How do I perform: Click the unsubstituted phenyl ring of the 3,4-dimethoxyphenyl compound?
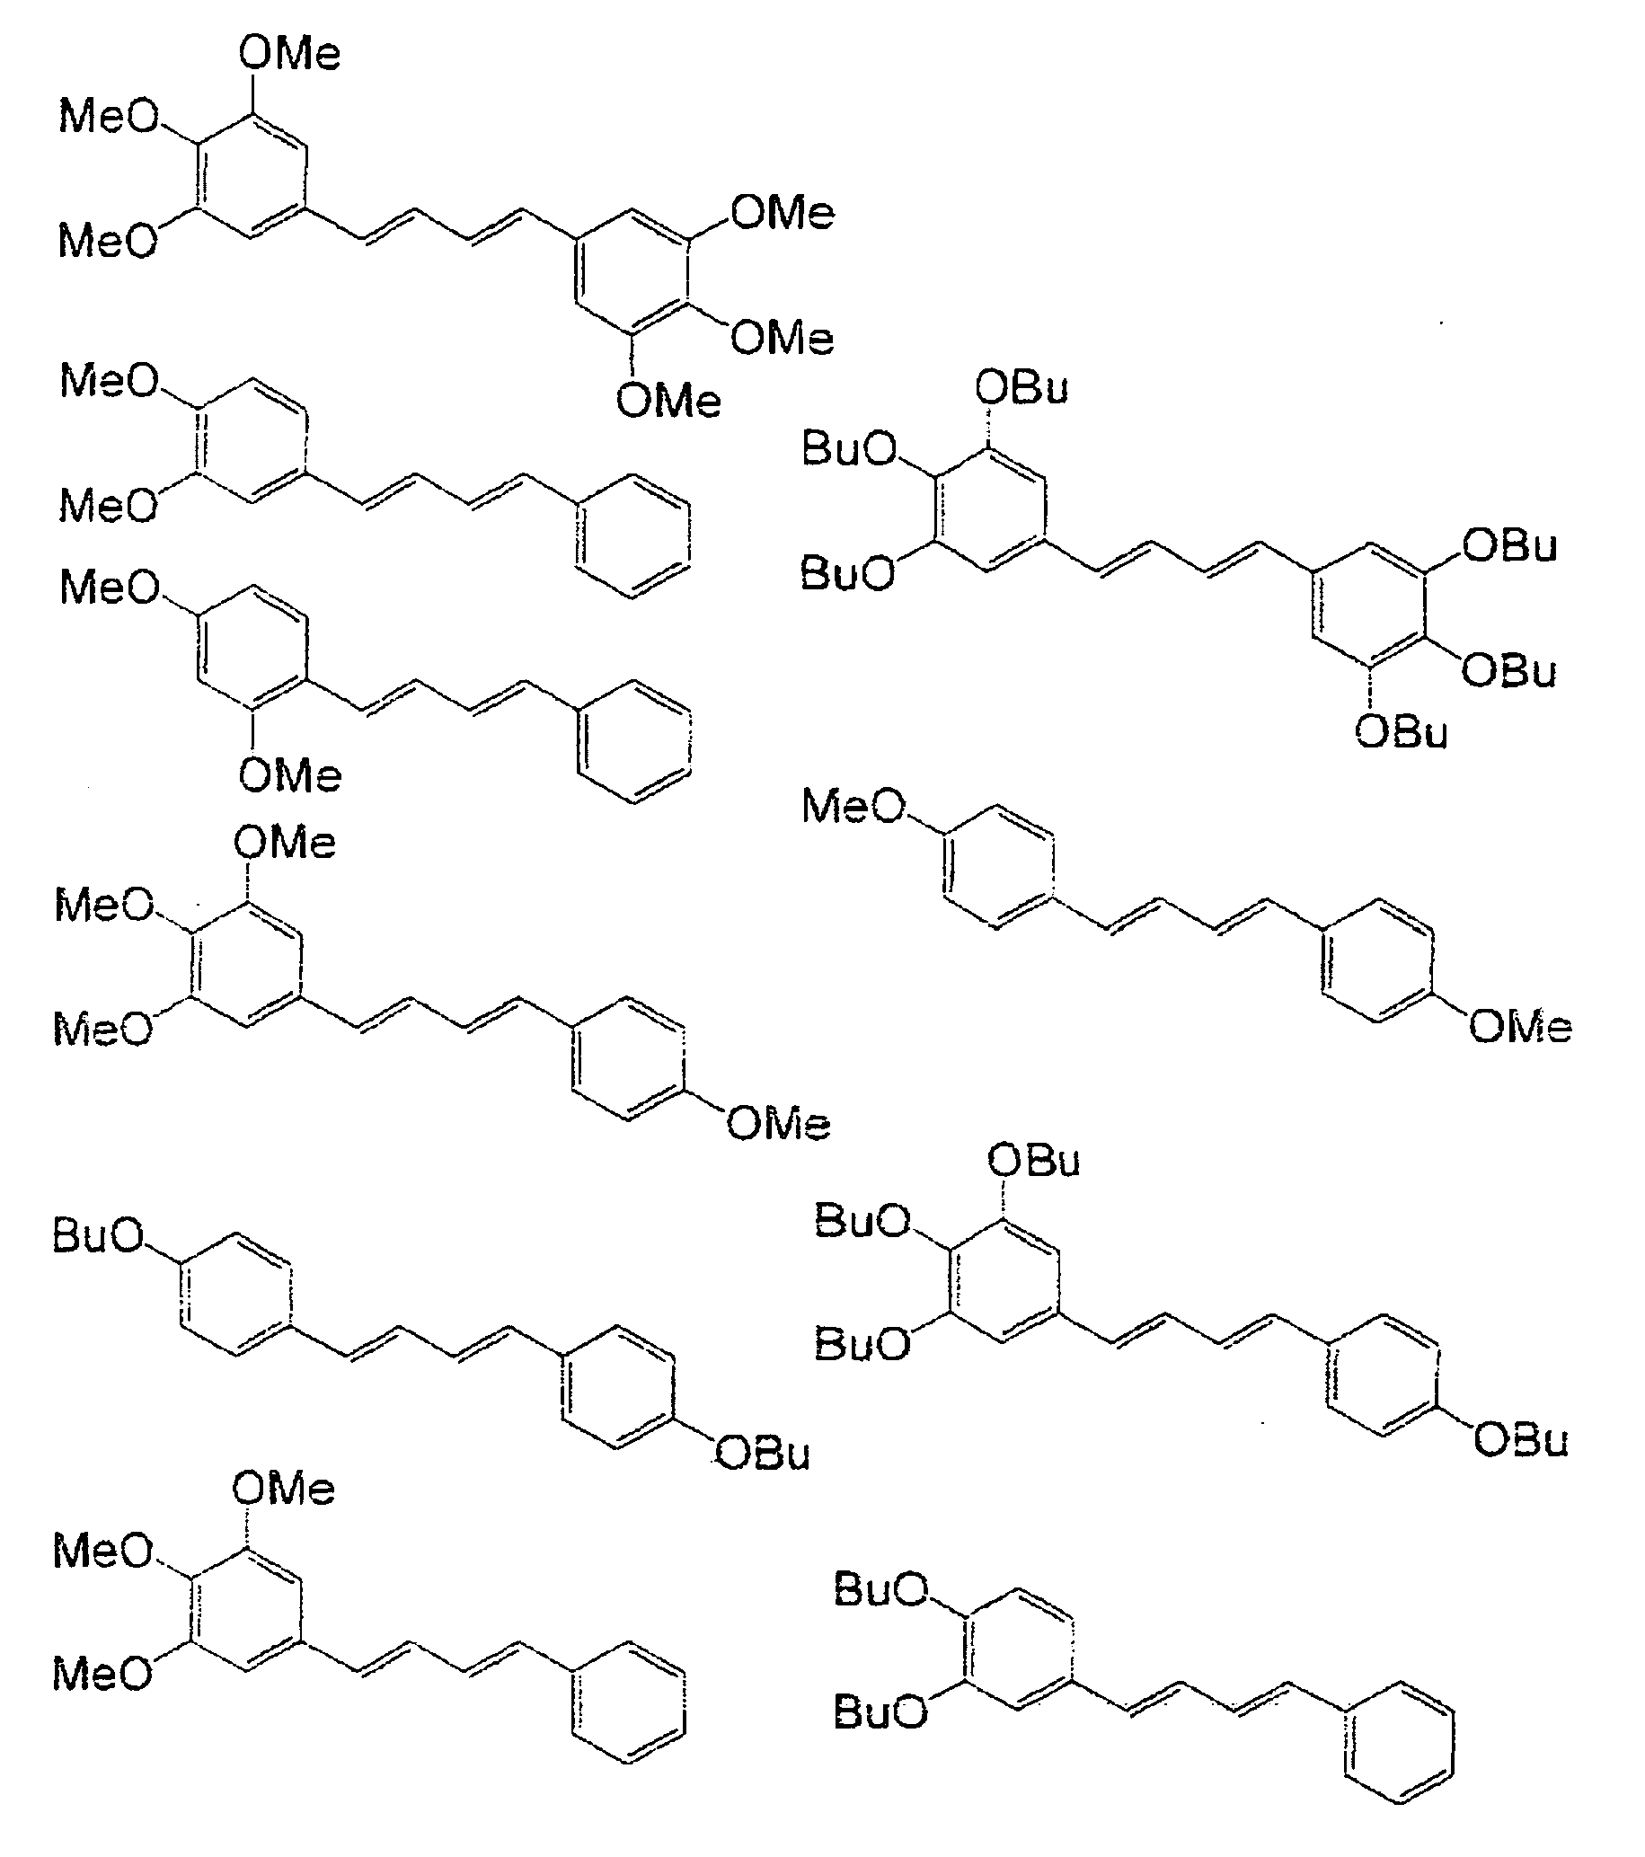(x=633, y=535)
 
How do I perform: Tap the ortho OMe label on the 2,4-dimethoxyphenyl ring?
(x=290, y=776)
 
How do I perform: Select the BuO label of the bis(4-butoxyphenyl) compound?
(x=98, y=1235)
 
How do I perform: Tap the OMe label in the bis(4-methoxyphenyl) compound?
(x=1520, y=1028)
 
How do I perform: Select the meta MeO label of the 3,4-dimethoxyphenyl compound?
(x=108, y=504)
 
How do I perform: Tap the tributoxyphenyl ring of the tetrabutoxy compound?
(x=1004, y=1280)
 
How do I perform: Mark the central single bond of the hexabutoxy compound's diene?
(x=1180, y=559)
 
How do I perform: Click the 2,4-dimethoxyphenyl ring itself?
(x=252, y=650)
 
